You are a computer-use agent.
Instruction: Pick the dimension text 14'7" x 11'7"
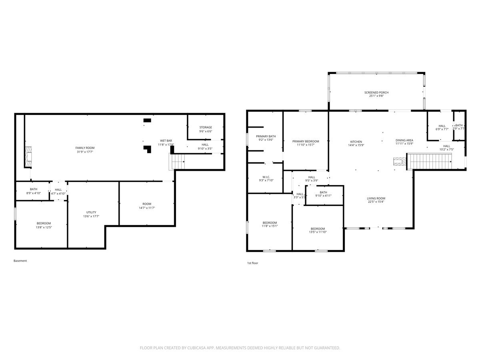tap(147, 208)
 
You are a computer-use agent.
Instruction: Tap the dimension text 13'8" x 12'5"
tap(44, 227)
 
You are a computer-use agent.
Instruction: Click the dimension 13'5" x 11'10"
tap(318, 232)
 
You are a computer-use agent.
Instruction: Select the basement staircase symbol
tap(177, 162)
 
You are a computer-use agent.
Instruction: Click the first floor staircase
tap(429, 161)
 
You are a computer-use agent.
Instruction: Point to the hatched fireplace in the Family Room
tap(28, 157)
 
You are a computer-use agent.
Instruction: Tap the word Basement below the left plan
tap(20, 261)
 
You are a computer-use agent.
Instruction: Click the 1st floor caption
tap(252, 263)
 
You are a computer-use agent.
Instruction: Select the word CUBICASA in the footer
tap(196, 348)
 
